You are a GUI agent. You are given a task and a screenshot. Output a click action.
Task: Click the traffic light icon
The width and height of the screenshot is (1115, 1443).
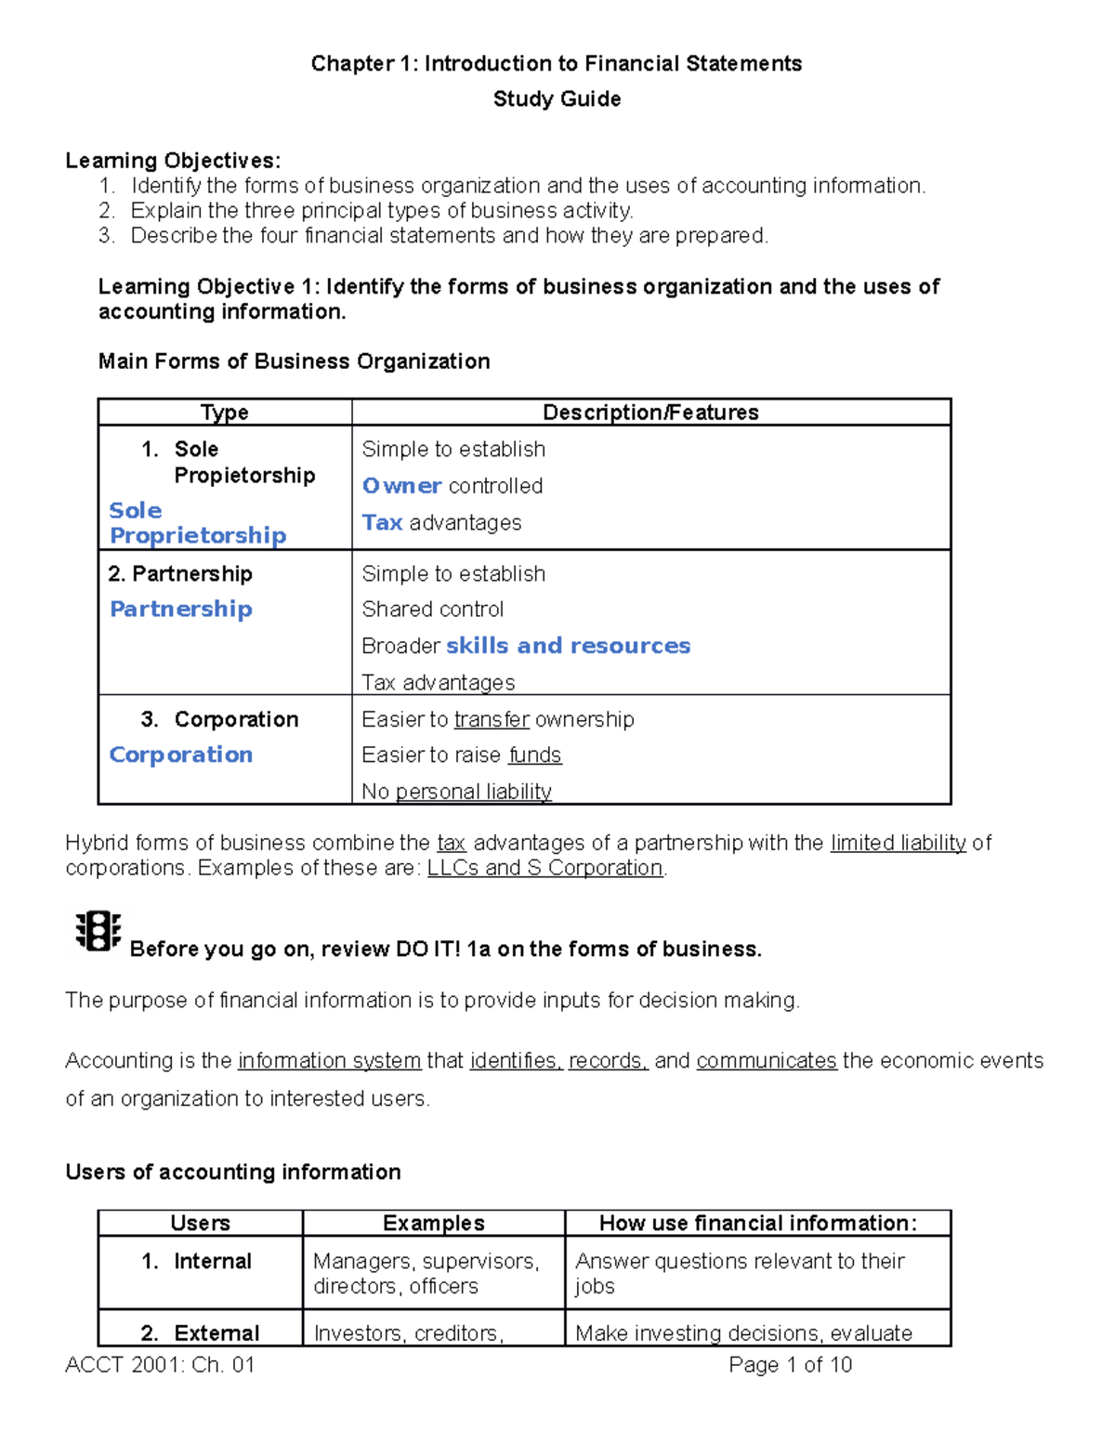coord(98,931)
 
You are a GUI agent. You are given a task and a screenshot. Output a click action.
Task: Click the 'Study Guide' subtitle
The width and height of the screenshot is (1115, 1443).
coord(557,99)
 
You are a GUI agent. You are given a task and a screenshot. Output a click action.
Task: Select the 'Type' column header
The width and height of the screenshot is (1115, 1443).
coord(224,413)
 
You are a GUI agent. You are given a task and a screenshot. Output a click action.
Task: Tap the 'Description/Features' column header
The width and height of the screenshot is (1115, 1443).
coord(650,413)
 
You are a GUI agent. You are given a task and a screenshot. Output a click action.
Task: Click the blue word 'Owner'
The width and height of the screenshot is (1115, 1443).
coord(401,486)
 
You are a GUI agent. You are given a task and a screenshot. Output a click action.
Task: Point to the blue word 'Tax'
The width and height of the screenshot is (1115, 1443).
coord(382,523)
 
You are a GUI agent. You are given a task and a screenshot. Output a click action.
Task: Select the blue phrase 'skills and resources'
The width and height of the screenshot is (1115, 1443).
coord(568,646)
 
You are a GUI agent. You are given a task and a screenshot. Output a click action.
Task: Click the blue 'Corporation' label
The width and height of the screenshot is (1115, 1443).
coord(181,754)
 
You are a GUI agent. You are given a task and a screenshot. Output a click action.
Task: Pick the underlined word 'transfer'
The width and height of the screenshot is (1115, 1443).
coord(492,720)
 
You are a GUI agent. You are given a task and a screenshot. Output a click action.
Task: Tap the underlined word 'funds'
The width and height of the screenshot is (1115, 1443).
coord(535,755)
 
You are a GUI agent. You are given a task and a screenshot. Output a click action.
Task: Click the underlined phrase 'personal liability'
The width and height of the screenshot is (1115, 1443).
coord(473,792)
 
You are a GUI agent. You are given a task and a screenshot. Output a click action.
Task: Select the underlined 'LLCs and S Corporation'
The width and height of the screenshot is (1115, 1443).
coord(544,868)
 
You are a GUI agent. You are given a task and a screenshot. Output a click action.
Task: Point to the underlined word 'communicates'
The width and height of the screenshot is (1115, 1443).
coord(767,1061)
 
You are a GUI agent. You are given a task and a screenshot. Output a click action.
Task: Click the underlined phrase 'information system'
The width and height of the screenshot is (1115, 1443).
coord(329,1061)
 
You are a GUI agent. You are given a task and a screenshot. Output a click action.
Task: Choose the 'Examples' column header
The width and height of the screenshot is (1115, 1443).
coord(433,1223)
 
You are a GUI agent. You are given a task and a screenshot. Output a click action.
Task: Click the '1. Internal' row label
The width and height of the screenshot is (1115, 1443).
coord(197,1262)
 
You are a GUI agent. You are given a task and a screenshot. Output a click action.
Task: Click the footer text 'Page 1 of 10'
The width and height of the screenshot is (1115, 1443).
coord(790,1365)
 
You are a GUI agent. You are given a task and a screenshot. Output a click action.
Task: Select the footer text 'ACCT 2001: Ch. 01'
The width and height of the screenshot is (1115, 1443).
coord(160,1365)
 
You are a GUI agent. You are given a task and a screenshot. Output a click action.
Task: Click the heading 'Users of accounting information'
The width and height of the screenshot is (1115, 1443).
coord(233,1173)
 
